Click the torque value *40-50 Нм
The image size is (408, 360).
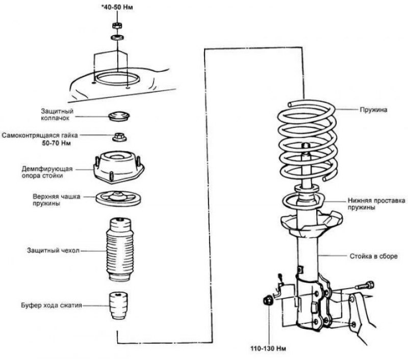(x=117, y=7)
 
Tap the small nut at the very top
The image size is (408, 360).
(x=117, y=25)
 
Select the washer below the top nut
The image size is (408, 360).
(x=117, y=37)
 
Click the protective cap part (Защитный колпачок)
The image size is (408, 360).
(x=119, y=116)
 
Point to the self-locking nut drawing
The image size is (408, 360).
(x=119, y=137)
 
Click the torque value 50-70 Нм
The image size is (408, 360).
(x=57, y=143)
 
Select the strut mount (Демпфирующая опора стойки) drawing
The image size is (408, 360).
(x=118, y=168)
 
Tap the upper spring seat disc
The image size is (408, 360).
(x=118, y=198)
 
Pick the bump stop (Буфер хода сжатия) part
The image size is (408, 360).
(x=118, y=305)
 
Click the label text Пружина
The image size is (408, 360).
(x=373, y=110)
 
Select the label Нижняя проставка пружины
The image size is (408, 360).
(x=376, y=204)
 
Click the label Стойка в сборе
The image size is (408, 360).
(x=374, y=256)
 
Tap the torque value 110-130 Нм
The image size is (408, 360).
(x=268, y=349)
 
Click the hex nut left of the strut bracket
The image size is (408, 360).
(x=268, y=301)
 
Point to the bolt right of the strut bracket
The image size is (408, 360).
(x=365, y=286)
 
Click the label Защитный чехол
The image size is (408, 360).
(x=54, y=250)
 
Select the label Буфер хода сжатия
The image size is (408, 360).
(x=52, y=305)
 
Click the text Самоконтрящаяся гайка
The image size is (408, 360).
(x=40, y=136)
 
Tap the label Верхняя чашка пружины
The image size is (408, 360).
(x=56, y=200)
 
